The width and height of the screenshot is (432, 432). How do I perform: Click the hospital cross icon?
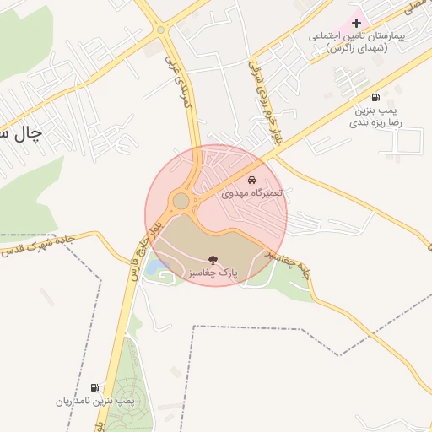click(356, 22)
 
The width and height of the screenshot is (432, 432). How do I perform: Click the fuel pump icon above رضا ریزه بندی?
click(375, 97)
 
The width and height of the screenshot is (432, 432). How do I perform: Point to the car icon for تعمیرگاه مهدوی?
click(252, 180)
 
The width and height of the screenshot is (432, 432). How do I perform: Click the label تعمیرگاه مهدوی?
click(255, 193)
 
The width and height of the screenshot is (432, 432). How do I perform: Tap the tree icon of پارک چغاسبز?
click(211, 259)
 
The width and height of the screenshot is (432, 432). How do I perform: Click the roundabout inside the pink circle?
click(181, 202)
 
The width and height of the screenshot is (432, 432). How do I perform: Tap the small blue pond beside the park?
click(156, 268)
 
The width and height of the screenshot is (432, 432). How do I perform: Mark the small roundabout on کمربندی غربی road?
click(161, 30)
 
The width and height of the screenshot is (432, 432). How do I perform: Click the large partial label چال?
click(20, 134)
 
